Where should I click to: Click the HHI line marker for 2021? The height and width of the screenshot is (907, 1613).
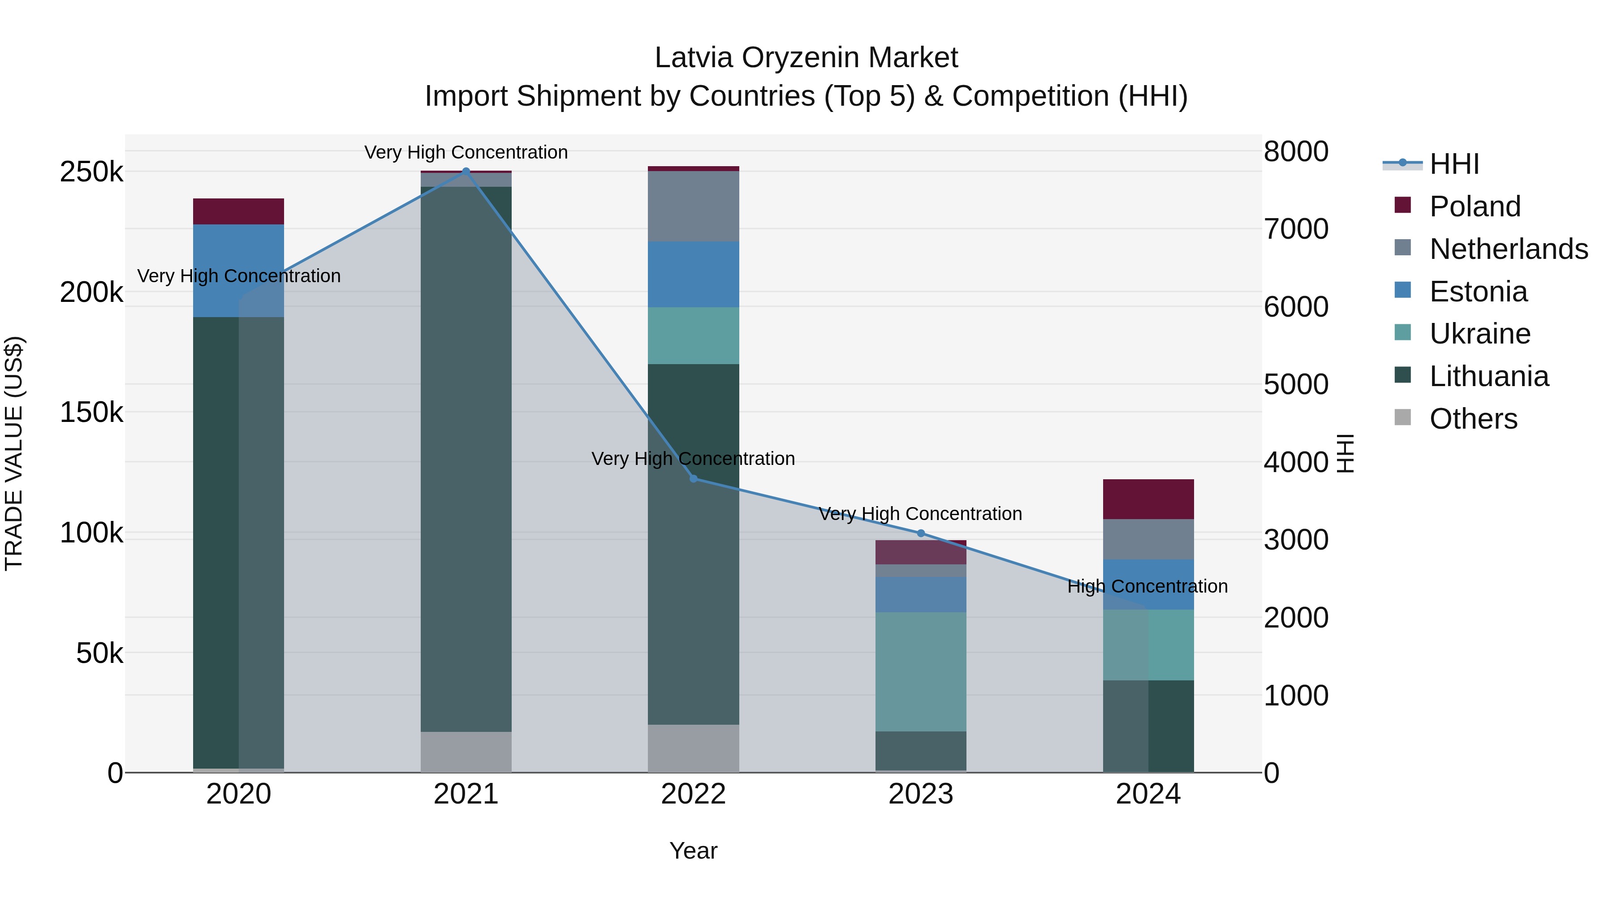pos(466,171)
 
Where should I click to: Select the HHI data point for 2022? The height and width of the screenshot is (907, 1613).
pos(693,479)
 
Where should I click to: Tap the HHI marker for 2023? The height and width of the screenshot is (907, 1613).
pos(920,533)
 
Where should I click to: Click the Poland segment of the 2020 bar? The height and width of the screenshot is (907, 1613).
pos(238,211)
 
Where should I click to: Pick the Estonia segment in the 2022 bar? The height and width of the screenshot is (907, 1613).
pos(693,274)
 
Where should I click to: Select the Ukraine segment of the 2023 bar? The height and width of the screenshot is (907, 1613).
pos(920,672)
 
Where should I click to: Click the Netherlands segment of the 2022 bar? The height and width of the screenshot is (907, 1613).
pos(693,206)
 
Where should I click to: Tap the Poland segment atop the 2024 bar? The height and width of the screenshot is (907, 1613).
pos(1148,499)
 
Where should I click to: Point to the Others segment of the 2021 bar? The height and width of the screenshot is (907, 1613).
pos(466,752)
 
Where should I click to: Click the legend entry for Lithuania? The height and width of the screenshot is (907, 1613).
pos(1489,376)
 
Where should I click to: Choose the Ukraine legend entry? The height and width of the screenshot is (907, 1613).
pos(1479,334)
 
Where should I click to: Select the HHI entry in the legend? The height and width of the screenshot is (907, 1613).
pos(1454,164)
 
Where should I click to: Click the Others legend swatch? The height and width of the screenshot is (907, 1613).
pos(1402,417)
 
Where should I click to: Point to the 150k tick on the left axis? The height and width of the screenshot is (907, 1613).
pos(91,413)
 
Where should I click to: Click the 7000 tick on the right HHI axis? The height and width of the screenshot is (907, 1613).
pos(1295,229)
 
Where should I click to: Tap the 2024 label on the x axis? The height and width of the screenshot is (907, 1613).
pos(1148,794)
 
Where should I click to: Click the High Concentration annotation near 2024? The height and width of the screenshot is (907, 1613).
pos(1147,586)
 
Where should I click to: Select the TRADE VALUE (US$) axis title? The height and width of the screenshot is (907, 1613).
pos(14,453)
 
